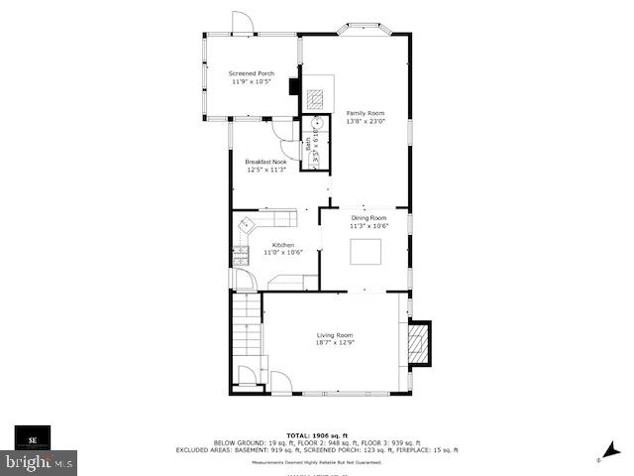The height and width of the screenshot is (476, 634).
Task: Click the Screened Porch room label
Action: coord(251,73)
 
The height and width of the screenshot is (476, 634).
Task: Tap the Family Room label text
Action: coord(365,113)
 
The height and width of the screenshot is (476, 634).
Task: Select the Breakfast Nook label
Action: coord(265,162)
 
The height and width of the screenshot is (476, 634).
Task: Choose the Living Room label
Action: coord(335,334)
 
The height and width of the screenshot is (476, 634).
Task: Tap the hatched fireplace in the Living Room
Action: coord(420,344)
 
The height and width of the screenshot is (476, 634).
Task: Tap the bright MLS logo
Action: coord(40,461)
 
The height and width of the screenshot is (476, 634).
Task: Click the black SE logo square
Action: coord(32,437)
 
